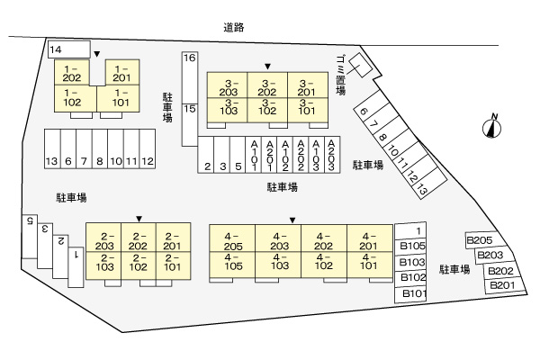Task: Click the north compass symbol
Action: pos(492,125)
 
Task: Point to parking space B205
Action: pos(478,240)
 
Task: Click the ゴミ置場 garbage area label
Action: pos(340,76)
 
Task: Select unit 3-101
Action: pos(308,106)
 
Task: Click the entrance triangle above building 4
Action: pos(293,220)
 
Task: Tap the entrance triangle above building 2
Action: pos(139,218)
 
